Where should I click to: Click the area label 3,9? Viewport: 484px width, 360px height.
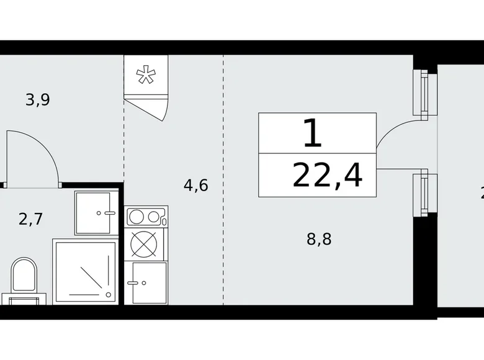click(x=37, y=99)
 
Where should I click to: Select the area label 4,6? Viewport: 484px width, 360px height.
click(x=195, y=185)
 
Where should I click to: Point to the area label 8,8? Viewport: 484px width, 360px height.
click(x=318, y=239)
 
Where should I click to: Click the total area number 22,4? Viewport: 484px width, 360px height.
click(x=326, y=176)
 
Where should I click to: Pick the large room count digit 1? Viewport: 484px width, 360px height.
click(x=313, y=133)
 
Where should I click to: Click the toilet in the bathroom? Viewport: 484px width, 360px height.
click(x=23, y=276)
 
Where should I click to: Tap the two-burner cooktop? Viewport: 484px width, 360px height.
click(x=146, y=217)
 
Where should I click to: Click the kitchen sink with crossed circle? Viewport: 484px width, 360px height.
click(x=146, y=244)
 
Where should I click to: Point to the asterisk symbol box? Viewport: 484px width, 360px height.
click(x=146, y=76)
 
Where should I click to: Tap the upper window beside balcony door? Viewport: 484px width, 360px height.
click(x=424, y=93)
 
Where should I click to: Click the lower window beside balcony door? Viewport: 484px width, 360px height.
click(x=424, y=193)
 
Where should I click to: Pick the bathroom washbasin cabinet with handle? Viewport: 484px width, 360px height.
click(x=96, y=213)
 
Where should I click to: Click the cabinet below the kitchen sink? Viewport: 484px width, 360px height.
click(x=146, y=282)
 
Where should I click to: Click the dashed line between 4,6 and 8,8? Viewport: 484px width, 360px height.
click(x=224, y=186)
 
